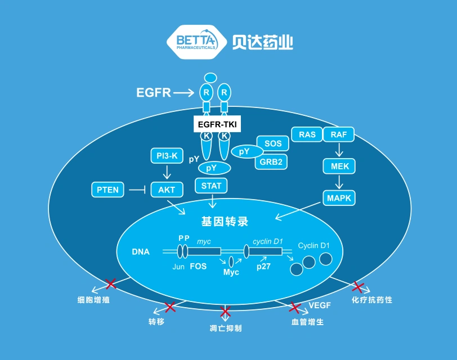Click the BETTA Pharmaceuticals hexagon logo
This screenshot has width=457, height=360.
click(x=197, y=42)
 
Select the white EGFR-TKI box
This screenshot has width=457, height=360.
click(x=217, y=124)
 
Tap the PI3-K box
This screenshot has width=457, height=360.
click(x=167, y=156)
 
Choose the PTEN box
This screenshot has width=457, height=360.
click(x=108, y=190)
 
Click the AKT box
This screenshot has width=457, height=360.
click(x=167, y=190)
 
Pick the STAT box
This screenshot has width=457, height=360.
click(x=211, y=186)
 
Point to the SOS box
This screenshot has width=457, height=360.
click(x=273, y=143)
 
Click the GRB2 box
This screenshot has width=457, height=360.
click(x=271, y=161)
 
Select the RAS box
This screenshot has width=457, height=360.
click(x=307, y=134)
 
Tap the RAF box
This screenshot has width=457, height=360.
click(x=339, y=134)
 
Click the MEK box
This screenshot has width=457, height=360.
click(x=339, y=166)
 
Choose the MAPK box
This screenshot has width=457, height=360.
click(x=339, y=198)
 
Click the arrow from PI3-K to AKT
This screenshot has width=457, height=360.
click(x=167, y=172)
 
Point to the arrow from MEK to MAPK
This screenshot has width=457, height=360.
click(x=339, y=182)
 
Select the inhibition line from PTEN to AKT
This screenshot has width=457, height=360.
click(x=137, y=190)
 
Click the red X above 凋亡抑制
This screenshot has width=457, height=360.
click(x=225, y=312)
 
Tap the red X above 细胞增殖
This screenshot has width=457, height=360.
click(x=111, y=283)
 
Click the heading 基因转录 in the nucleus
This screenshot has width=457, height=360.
click(x=225, y=222)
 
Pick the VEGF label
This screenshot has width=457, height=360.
click(x=320, y=305)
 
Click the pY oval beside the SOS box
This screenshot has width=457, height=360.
click(x=247, y=151)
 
